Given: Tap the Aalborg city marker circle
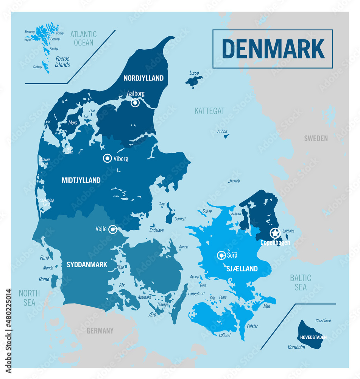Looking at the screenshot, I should coord(135,103).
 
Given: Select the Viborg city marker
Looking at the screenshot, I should coord(108,158).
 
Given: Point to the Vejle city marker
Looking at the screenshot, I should coord(112,229).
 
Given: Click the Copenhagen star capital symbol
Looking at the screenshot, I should coord(275,233).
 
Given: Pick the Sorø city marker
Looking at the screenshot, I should coord(221,255).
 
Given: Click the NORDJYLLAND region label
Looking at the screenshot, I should coord(143,78).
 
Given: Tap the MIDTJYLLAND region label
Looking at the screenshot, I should coord(81,180).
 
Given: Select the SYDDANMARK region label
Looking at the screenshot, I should coord(87,265).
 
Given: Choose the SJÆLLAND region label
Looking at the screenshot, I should coord(242,269).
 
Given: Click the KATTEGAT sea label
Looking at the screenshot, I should coord(209,111).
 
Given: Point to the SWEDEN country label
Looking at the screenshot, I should coord(316,138).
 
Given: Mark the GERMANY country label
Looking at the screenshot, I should coord(100,330).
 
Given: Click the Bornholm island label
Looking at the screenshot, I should coord(296,347).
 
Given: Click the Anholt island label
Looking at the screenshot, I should coord(222,132).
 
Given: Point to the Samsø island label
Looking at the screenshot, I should coord(180,219).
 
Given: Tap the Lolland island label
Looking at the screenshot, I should coord(224,335).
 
